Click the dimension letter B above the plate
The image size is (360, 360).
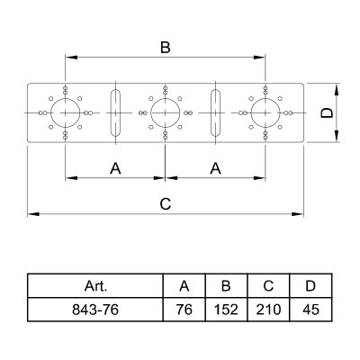(x=166, y=48)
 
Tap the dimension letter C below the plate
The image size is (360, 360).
(x=166, y=204)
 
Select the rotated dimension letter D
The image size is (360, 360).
(x=327, y=112)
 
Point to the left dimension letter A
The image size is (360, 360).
(x=115, y=168)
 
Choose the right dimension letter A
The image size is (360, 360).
(x=215, y=168)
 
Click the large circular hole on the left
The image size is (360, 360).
(x=51, y=112)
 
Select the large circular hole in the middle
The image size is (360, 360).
(x=151, y=112)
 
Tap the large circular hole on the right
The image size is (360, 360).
(x=251, y=112)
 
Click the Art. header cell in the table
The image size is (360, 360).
(x=95, y=286)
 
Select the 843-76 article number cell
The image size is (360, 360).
(x=95, y=310)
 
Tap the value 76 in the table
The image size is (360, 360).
(x=184, y=310)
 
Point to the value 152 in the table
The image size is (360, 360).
(x=226, y=310)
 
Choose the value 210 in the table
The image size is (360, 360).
(x=268, y=310)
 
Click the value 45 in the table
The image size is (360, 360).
(x=310, y=310)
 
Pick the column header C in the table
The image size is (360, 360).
(x=268, y=286)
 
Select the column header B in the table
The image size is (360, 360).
(x=226, y=286)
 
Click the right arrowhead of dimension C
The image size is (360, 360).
(x=298, y=214)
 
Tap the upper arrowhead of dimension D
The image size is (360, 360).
(x=337, y=89)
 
